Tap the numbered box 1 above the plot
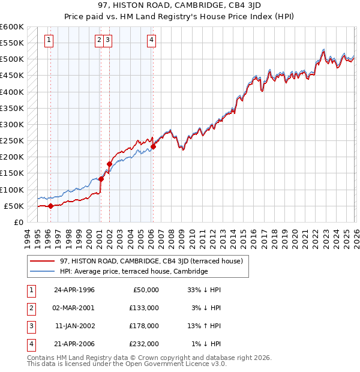[x=49, y=40]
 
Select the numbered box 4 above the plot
[x=152, y=40]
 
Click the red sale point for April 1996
[x=50, y=206]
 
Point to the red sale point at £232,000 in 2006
[x=153, y=146]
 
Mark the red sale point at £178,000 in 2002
[x=109, y=164]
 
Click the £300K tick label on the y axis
[x=11, y=124]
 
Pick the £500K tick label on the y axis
[x=11, y=59]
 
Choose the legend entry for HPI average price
[x=133, y=271]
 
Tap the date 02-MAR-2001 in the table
[x=74, y=307]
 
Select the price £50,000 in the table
[x=145, y=289]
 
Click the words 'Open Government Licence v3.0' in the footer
[x=173, y=364]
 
